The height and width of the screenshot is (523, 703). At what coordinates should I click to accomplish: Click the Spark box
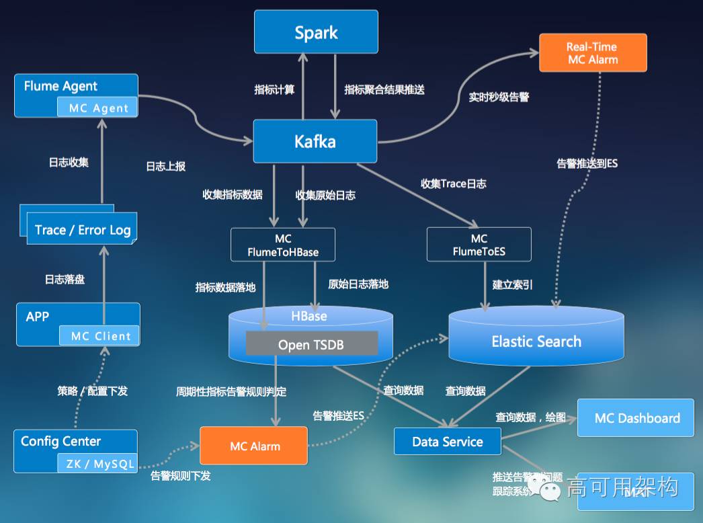pos(316,32)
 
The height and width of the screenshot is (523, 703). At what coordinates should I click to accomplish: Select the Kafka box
pos(315,141)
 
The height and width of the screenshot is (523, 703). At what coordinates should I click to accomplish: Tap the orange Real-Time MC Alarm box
pos(592,53)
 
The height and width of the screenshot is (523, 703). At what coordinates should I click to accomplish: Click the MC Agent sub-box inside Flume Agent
pos(98,108)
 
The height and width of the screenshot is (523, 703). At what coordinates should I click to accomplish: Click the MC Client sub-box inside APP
pos(100,336)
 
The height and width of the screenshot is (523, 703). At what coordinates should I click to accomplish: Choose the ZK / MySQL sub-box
pos(99,463)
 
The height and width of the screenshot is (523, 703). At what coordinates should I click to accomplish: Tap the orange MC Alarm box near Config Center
pos(254,446)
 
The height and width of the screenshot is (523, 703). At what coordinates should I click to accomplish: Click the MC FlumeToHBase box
pos(283,245)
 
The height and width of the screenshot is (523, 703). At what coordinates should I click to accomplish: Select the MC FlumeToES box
pos(479,245)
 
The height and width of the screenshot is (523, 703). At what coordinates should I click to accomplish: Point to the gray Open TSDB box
pos(311,345)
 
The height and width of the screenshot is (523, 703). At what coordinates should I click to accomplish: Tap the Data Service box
pos(448,442)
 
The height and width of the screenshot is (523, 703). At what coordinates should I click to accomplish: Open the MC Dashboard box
pos(636,418)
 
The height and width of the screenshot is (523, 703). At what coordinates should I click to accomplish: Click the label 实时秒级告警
pos(499,97)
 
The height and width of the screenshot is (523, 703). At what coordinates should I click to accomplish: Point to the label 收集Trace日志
pos(453,184)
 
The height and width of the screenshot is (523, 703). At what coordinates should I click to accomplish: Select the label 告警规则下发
pos(180,476)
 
